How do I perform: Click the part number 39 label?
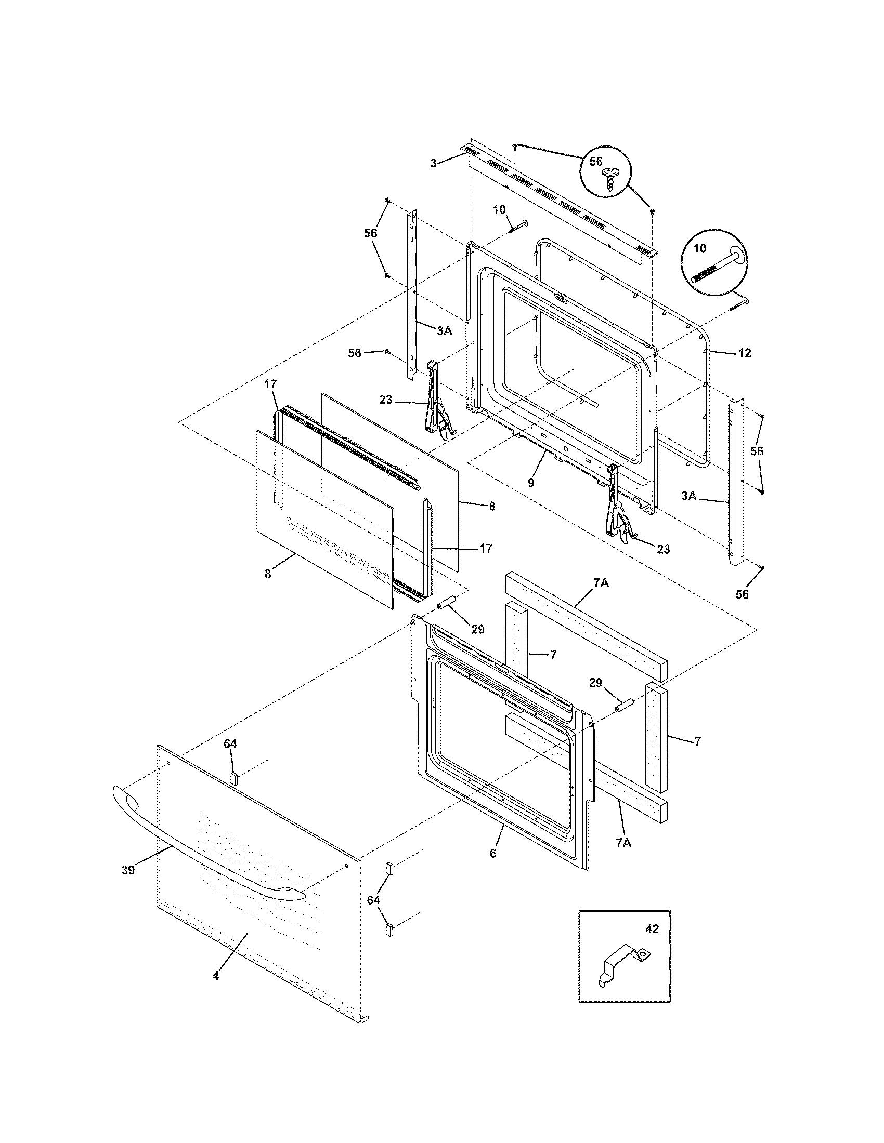pyautogui.click(x=128, y=870)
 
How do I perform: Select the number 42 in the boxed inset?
pyautogui.click(x=652, y=929)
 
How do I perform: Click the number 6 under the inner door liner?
pyautogui.click(x=493, y=854)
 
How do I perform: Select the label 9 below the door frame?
pyautogui.click(x=531, y=483)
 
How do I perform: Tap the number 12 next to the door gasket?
pyautogui.click(x=744, y=353)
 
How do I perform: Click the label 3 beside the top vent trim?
pyautogui.click(x=433, y=164)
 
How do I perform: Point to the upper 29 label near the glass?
pyautogui.click(x=477, y=629)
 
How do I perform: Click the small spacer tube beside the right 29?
pyautogui.click(x=626, y=705)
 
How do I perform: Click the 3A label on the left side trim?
pyautogui.click(x=444, y=330)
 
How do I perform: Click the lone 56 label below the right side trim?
pyautogui.click(x=742, y=594)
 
